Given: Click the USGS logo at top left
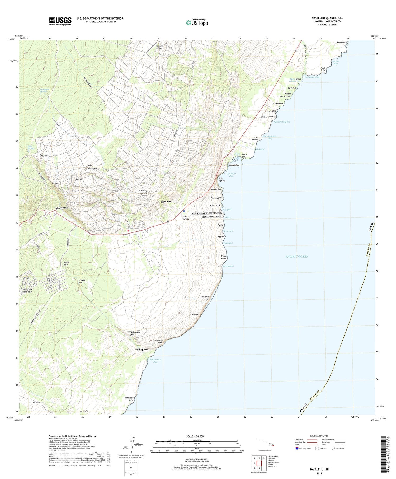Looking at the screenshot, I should pyautogui.click(x=60, y=21).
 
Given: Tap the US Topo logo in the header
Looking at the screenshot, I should pyautogui.click(x=197, y=23).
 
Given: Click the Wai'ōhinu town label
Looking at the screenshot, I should pyautogui.click(x=62, y=208).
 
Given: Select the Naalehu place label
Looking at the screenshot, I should pyautogui.click(x=166, y=202).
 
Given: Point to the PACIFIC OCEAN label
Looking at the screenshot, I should pyautogui.click(x=297, y=257).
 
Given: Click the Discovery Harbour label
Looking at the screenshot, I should pyautogui.click(x=26, y=290).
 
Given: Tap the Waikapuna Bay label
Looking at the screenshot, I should pyautogui.click(x=155, y=361).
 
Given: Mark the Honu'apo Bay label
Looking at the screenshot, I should pyautogui.click(x=231, y=175).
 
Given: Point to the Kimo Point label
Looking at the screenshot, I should pyautogui.click(x=224, y=257).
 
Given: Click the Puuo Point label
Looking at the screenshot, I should pyautogui.click(x=323, y=69).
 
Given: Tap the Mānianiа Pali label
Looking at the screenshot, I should pyautogui.click(x=205, y=298).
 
